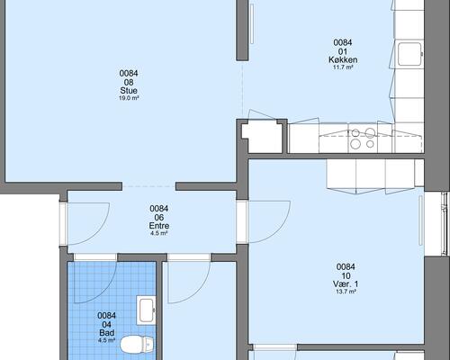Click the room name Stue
pos(129,91)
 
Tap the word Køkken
pos(343,59)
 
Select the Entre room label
pos(159,226)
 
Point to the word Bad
pos(107,333)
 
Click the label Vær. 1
pos(346,283)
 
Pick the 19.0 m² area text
pos(129,98)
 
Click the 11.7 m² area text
pos(343,67)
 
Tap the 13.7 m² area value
pos(346,292)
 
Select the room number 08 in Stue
pos(129,82)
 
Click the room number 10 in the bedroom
pos(346,275)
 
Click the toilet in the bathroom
pos(137,344)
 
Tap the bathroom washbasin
pos(146,310)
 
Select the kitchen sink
pos(409,54)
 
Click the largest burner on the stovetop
pos(371,132)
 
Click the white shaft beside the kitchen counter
pos(262,137)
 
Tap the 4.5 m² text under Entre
pos(159,233)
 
